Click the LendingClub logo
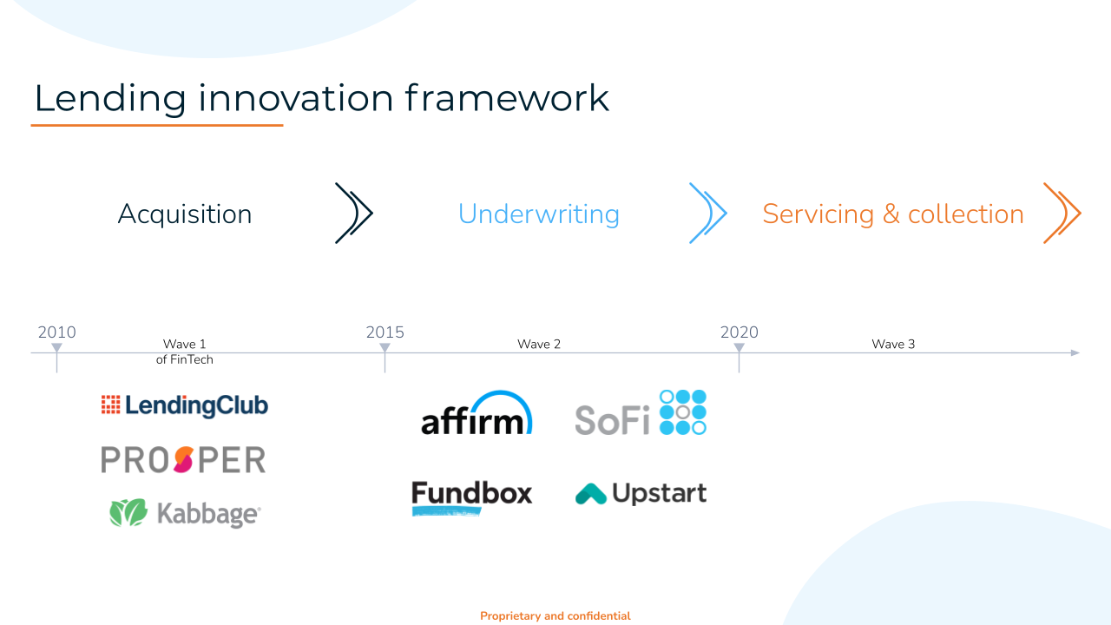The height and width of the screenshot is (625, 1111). [185, 405]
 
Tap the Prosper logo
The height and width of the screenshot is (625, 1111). [183, 459]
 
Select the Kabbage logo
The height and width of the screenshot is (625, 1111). [185, 513]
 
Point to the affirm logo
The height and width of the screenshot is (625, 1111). [477, 413]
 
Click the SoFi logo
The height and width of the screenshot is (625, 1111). [641, 412]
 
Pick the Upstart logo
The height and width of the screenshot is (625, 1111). [641, 494]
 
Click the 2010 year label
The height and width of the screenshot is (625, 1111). [57, 332]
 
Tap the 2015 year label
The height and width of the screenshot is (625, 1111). [385, 332]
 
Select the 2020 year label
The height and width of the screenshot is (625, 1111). [739, 332]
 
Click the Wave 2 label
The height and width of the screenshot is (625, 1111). [539, 344]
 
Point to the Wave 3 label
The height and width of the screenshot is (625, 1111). [893, 344]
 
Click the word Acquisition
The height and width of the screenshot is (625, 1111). [185, 214]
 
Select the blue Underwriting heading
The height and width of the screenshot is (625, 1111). [539, 214]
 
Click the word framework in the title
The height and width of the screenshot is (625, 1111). [507, 98]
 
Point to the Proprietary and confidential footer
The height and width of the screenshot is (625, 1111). [555, 615]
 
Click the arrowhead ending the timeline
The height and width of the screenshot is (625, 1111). [1075, 352]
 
